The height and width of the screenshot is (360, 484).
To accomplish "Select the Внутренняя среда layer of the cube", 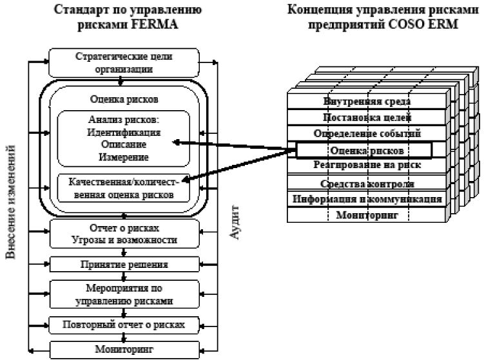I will tap(366, 102).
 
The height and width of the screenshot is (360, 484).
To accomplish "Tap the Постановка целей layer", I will tap(366, 118).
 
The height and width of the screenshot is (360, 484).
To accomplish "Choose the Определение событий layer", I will tap(366, 134).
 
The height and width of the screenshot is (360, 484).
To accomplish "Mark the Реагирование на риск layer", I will tap(366, 166).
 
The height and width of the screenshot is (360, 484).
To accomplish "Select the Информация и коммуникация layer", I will tap(366, 199).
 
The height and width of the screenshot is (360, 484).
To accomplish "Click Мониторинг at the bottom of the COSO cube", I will tap(366, 215).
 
